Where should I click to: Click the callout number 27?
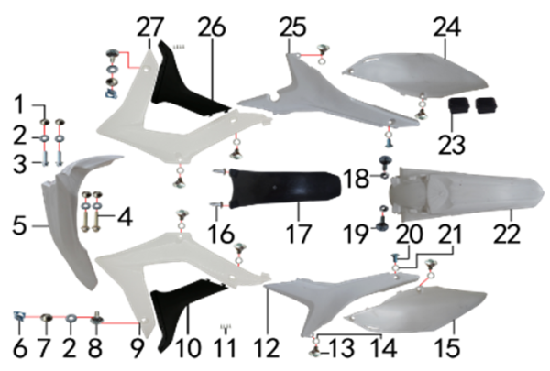coord(149,27)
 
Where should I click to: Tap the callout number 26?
coord(212,27)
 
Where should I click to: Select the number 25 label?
coord(293,27)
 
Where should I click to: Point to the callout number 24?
coord(447,27)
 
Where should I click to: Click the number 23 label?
coord(452,145)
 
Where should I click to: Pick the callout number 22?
coord(507,234)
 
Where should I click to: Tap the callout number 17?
coord(299,234)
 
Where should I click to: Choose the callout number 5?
coord(19,225)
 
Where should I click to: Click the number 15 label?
coord(447,348)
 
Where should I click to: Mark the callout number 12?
coord(268,348)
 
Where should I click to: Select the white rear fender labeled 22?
coord(467,194)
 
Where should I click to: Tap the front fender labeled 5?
coord(69,217)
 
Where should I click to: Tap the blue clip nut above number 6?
coord(19,316)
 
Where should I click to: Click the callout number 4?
coord(125,217)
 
